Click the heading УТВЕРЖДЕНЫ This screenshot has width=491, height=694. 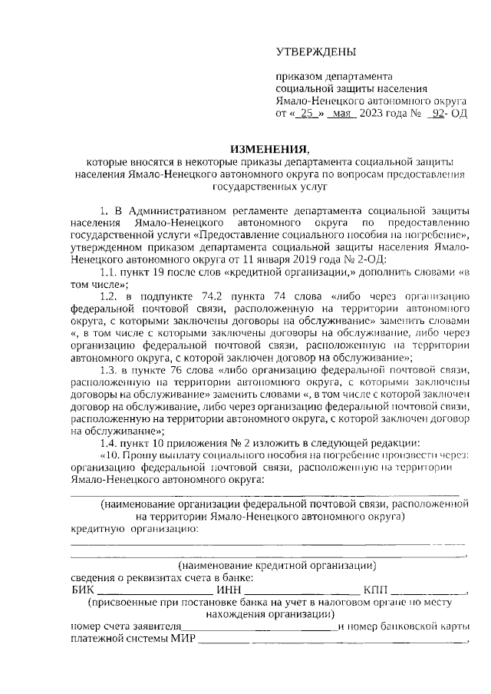coord(316,52)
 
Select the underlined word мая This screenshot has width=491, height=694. coord(342,114)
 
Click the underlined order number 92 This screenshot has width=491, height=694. coord(440,114)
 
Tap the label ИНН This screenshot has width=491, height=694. coord(229,590)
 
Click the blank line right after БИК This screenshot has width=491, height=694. coord(154,591)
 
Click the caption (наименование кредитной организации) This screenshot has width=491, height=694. coord(268,566)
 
